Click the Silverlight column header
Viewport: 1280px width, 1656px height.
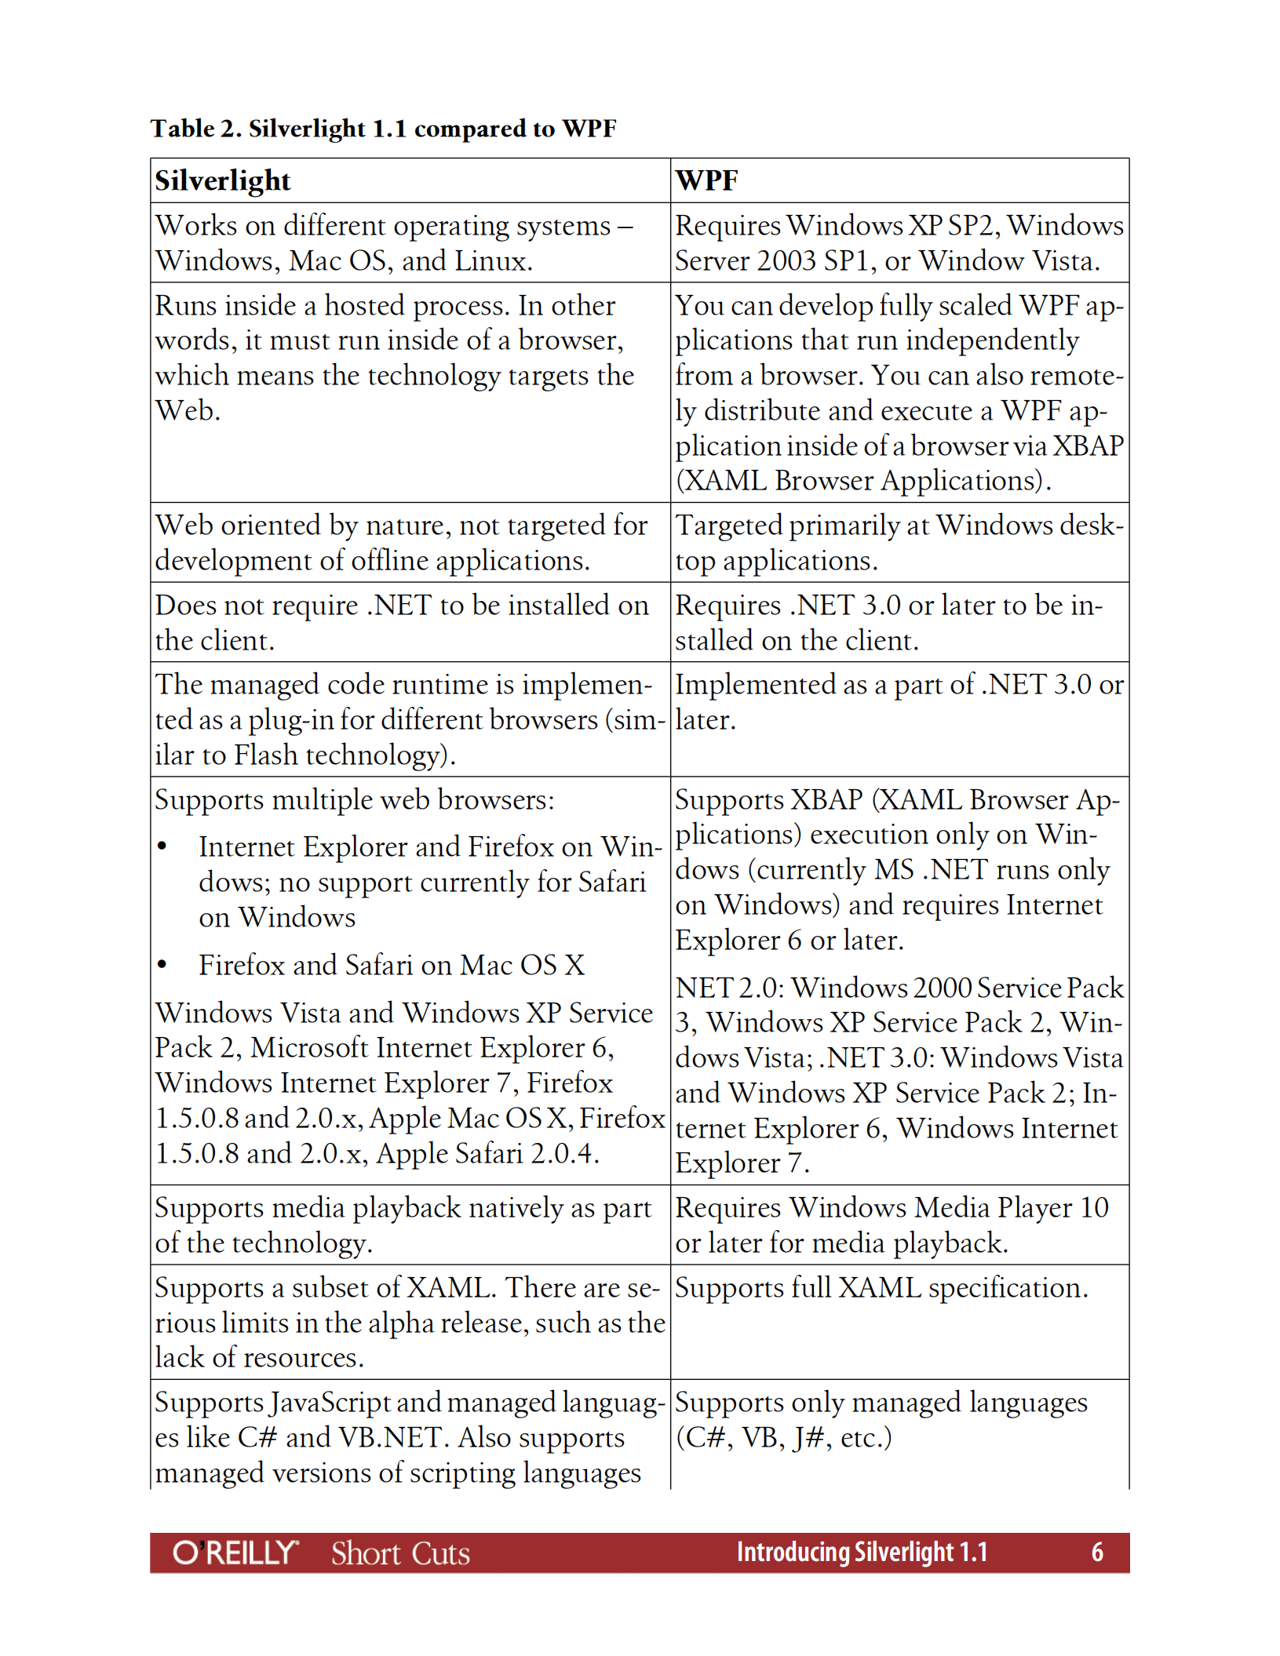click(222, 181)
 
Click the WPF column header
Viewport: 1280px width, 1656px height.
click(706, 181)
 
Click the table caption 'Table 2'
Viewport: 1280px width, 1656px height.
click(196, 129)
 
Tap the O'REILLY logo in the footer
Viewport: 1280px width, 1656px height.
click(235, 1552)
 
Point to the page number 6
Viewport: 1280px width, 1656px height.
click(1096, 1552)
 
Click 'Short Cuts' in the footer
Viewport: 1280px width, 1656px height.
click(400, 1553)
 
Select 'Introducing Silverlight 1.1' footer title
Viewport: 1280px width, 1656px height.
click(861, 1552)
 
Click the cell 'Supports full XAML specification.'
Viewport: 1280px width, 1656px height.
click(881, 1288)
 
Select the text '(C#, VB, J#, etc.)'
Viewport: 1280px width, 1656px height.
click(783, 1438)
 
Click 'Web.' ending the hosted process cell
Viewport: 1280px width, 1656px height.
click(188, 411)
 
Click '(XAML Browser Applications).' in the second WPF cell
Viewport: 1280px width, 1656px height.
click(862, 481)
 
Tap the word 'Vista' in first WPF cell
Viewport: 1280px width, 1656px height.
click(1065, 261)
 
